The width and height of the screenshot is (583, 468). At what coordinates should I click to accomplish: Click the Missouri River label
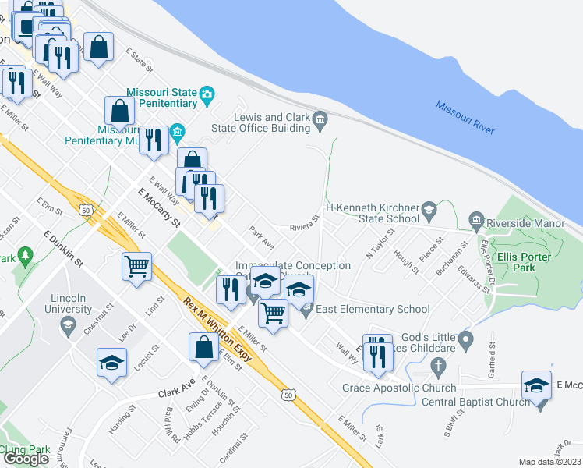(465, 118)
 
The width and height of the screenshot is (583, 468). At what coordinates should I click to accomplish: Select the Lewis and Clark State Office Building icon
(320, 119)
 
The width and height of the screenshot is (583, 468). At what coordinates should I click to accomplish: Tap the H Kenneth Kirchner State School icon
(429, 209)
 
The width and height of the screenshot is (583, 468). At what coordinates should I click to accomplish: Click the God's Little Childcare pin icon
(466, 339)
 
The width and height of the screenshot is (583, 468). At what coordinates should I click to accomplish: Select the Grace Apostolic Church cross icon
(439, 367)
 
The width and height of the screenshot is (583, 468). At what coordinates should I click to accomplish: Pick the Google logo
(26, 458)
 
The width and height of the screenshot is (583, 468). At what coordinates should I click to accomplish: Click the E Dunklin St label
(64, 247)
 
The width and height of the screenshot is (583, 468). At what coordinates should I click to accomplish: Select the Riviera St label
(305, 225)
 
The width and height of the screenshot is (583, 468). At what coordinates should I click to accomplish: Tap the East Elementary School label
(373, 310)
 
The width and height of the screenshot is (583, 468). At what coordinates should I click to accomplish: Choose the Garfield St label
(493, 356)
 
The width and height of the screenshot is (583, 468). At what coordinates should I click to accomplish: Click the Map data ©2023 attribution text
(550, 462)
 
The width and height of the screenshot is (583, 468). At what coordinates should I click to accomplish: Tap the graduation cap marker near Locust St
(111, 363)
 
